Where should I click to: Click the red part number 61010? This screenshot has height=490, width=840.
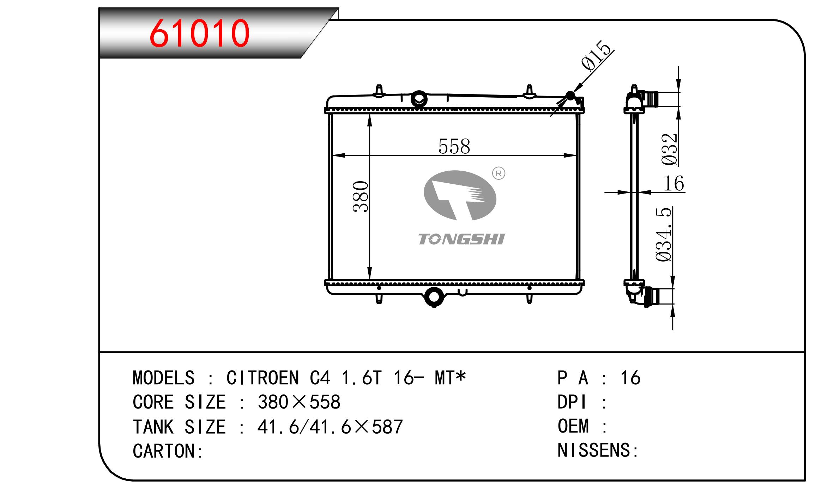point(200,33)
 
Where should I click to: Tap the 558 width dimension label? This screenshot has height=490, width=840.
point(454,147)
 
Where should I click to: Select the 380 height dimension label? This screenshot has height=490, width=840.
point(361,196)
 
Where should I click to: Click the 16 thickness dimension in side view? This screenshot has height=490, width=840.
point(674,184)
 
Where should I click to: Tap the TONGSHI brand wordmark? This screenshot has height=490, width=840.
point(461,239)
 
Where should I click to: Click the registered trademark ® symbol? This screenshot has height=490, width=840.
point(498,173)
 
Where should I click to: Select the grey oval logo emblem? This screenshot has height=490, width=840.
point(460,195)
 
